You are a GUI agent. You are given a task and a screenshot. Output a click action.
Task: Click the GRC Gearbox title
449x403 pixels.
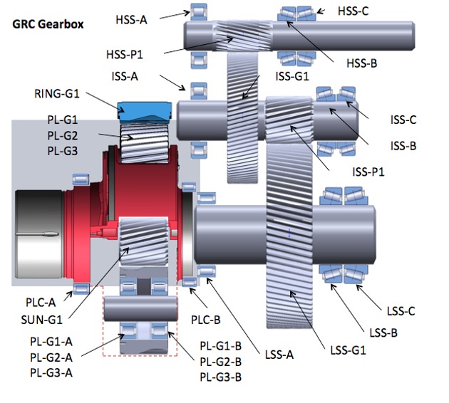(x=48, y=23)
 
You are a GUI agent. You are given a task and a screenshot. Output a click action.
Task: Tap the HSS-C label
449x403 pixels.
(x=353, y=11)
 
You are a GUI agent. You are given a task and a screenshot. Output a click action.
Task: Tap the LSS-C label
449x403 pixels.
(x=401, y=311)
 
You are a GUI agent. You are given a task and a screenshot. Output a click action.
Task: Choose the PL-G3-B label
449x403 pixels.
(x=220, y=377)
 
